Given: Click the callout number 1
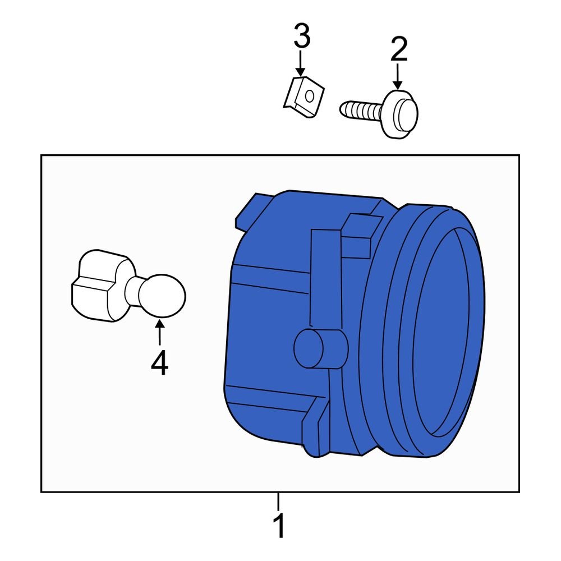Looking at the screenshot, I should pyautogui.click(x=279, y=527).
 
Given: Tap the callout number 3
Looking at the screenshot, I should pyautogui.click(x=301, y=37).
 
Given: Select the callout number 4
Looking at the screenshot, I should pyautogui.click(x=159, y=364).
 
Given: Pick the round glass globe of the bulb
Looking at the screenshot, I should pyautogui.click(x=162, y=295).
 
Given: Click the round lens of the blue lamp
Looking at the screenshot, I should pyautogui.click(x=449, y=331).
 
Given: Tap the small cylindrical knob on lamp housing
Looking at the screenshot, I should pyautogui.click(x=311, y=349).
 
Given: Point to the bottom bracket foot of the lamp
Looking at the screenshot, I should pyautogui.click(x=314, y=426).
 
